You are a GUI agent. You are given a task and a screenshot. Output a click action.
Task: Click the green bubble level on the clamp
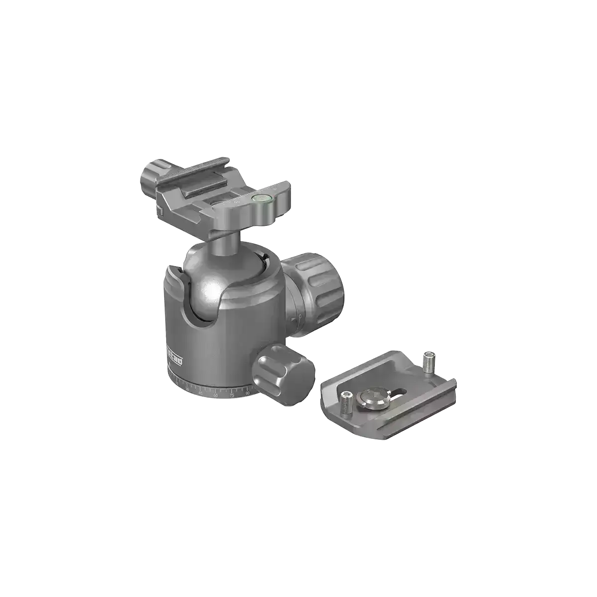click(259, 199)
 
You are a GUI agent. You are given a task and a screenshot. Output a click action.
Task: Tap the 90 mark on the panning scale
click(247, 394)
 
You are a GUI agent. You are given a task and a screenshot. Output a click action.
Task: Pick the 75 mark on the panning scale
click(232, 396)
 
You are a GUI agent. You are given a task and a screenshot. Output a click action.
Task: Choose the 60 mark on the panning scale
click(215, 395)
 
